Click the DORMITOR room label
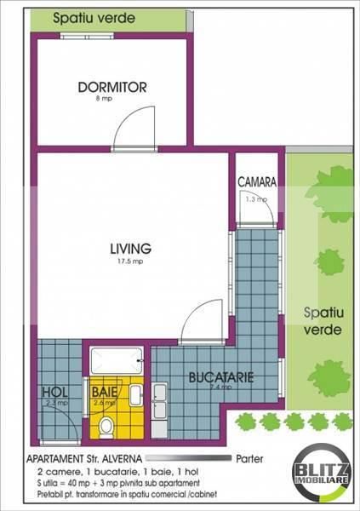[x=112, y=87]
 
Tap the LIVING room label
[x=130, y=249]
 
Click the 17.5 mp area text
[x=130, y=261]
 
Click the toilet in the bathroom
[x=107, y=425]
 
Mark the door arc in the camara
[x=260, y=209]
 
